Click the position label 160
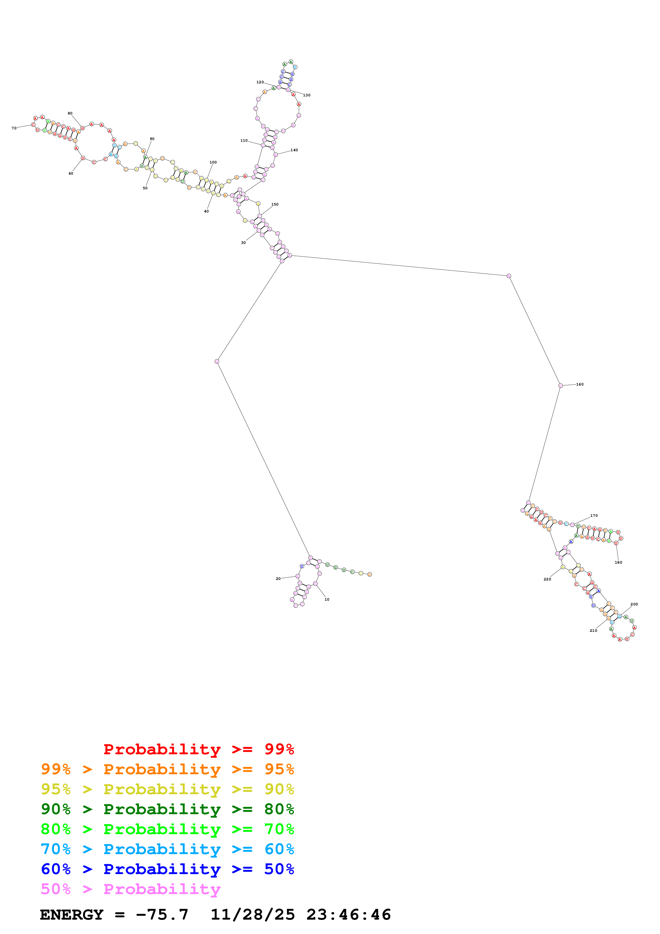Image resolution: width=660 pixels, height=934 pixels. [580, 384]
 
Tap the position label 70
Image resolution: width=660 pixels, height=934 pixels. [14, 128]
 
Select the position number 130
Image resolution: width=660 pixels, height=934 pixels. [307, 95]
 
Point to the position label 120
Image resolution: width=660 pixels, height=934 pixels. [260, 82]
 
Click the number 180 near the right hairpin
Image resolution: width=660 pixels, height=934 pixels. [618, 563]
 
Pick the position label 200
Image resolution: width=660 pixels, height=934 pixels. [634, 604]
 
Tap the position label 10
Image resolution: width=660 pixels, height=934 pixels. [327, 600]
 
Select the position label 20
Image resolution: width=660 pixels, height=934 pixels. [278, 579]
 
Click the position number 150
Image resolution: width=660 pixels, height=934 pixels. [275, 205]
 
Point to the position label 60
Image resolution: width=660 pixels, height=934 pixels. [71, 174]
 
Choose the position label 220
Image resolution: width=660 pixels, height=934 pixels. [547, 579]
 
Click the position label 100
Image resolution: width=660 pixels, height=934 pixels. [213, 162]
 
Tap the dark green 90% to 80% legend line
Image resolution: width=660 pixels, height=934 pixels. [167, 809]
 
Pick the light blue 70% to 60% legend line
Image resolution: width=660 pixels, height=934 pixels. [167, 849]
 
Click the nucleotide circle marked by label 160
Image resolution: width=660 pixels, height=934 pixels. [560, 386]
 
